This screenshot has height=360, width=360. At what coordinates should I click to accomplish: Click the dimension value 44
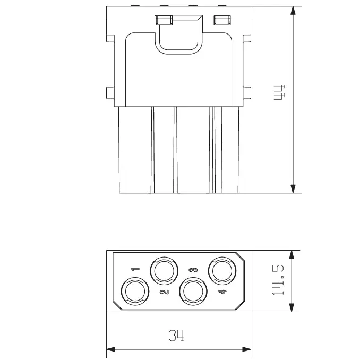click(280, 92)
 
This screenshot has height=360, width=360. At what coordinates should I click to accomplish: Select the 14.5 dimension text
click(278, 280)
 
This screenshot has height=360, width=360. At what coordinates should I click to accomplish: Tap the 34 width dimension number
click(176, 336)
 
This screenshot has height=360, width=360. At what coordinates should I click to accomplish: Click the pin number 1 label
click(135, 269)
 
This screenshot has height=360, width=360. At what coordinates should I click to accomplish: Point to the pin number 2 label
click(165, 292)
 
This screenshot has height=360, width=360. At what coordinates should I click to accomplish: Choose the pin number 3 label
click(193, 270)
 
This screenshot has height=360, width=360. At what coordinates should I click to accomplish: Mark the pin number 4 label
click(222, 292)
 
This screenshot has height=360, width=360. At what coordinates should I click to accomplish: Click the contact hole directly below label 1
click(135, 291)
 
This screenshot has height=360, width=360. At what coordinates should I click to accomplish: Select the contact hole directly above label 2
click(164, 271)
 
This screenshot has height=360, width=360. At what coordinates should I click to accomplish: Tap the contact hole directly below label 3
click(193, 291)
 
